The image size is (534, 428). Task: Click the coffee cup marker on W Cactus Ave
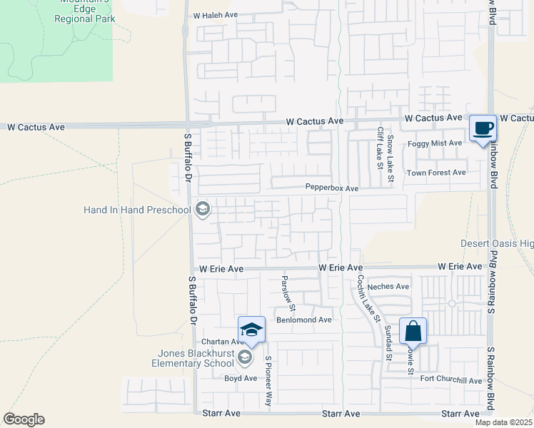[483, 128]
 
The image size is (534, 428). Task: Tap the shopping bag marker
[413, 332]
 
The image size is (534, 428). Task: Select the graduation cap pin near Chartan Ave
[251, 330]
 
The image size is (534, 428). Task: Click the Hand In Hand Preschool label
[138, 210]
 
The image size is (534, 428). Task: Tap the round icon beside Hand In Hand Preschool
[203, 209]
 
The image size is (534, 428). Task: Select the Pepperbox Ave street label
[331, 188]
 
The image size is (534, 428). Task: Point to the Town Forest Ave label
[435, 173]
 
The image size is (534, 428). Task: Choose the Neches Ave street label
[388, 286]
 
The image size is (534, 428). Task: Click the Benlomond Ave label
[305, 320]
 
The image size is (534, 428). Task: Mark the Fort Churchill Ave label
[450, 380]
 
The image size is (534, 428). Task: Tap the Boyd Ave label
[241, 378]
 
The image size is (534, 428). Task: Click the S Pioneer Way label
[268, 381]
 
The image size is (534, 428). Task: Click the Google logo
[24, 419]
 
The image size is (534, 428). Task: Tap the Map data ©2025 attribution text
[503, 422]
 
